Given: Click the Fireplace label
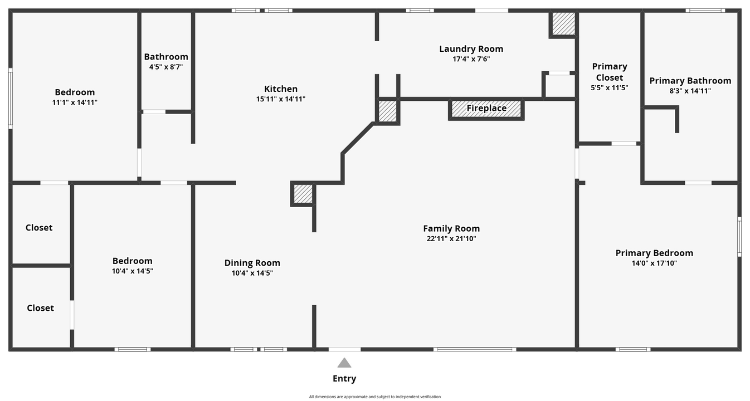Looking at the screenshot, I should pos(486,108).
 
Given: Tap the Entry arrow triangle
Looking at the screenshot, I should pos(344,363).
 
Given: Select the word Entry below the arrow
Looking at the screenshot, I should pos(344,379).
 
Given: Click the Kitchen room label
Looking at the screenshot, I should pos(281,89).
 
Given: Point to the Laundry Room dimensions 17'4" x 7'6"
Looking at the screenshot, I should pos(471,59).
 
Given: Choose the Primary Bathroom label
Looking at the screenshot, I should pos(690,81).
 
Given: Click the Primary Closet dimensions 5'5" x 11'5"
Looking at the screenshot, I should pos(609,87).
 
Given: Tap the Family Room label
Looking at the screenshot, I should pos(451,228).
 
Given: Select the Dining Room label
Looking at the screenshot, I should pos(252,263).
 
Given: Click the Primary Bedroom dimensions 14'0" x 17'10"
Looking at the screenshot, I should pos(654,263).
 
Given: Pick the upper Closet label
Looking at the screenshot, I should pos(39,227).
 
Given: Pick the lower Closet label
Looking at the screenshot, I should pos(40,308).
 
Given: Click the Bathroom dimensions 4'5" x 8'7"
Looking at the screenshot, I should pos(166,67).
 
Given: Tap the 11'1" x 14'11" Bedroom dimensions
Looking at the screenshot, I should pos(75,102).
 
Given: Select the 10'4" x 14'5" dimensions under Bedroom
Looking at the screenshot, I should pos(133,271).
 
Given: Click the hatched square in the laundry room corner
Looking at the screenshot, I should pos(563,23).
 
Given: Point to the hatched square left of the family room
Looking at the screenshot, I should pos(303,194).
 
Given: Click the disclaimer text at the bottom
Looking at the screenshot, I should pos(374,397).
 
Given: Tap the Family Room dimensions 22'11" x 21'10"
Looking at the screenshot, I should pos(451,239).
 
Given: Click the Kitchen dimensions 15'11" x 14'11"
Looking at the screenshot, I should pos(281,99).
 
